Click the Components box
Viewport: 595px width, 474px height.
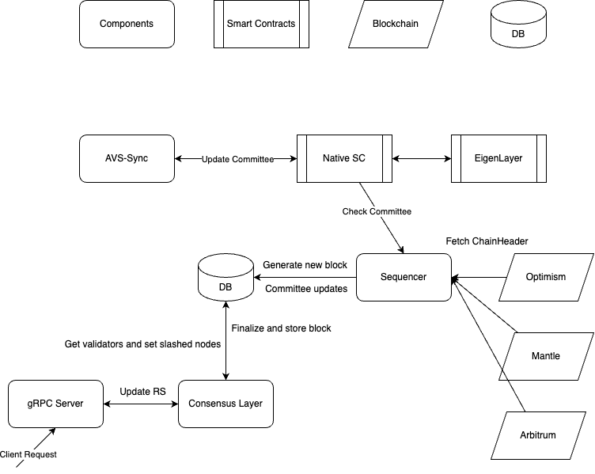pos(127,24)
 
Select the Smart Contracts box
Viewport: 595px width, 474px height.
pos(261,24)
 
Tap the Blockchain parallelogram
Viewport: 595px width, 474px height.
pos(396,24)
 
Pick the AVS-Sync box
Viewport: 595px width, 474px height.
pos(127,158)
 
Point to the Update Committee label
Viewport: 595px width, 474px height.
pos(237,160)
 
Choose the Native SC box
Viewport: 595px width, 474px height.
pos(344,158)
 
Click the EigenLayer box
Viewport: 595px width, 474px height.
pos(498,158)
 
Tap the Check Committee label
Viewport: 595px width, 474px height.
pos(377,212)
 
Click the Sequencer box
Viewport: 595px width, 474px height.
pos(404,277)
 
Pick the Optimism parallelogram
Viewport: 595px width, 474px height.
pos(546,277)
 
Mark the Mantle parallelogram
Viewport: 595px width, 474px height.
pos(546,356)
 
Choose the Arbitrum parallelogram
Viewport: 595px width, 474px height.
pos(538,435)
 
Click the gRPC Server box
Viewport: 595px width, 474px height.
pos(55,404)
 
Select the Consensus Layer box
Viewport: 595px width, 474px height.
pos(225,404)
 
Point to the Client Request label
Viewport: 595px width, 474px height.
pos(28,455)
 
